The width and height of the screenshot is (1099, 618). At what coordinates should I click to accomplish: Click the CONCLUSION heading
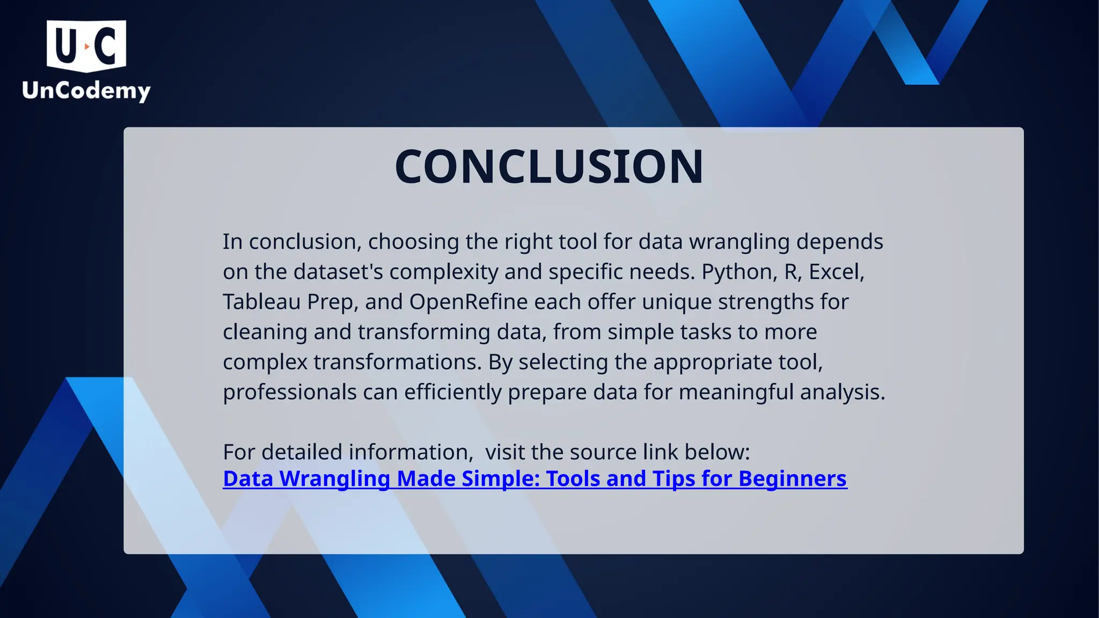pyautogui.click(x=548, y=167)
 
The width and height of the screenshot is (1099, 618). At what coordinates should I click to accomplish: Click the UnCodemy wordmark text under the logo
pyautogui.click(x=86, y=90)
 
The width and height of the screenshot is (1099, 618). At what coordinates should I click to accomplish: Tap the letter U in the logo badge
pyautogui.click(x=66, y=46)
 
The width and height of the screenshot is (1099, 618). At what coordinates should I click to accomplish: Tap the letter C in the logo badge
pyautogui.click(x=106, y=46)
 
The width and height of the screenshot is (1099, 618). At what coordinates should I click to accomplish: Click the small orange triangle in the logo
pyautogui.click(x=87, y=47)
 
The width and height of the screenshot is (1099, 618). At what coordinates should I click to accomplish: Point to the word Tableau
pyautogui.click(x=261, y=302)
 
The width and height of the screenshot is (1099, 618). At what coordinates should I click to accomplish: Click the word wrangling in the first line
pyautogui.click(x=739, y=242)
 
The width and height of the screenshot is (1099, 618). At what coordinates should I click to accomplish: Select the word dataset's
pyautogui.click(x=338, y=272)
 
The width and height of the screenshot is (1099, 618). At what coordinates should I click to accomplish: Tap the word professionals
pyautogui.click(x=290, y=392)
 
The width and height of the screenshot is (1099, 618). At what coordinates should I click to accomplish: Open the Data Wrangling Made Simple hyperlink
pyautogui.click(x=534, y=479)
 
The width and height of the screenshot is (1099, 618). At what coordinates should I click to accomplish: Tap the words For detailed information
pyautogui.click(x=347, y=452)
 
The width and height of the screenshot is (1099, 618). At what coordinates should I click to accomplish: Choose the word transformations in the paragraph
pyautogui.click(x=397, y=362)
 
